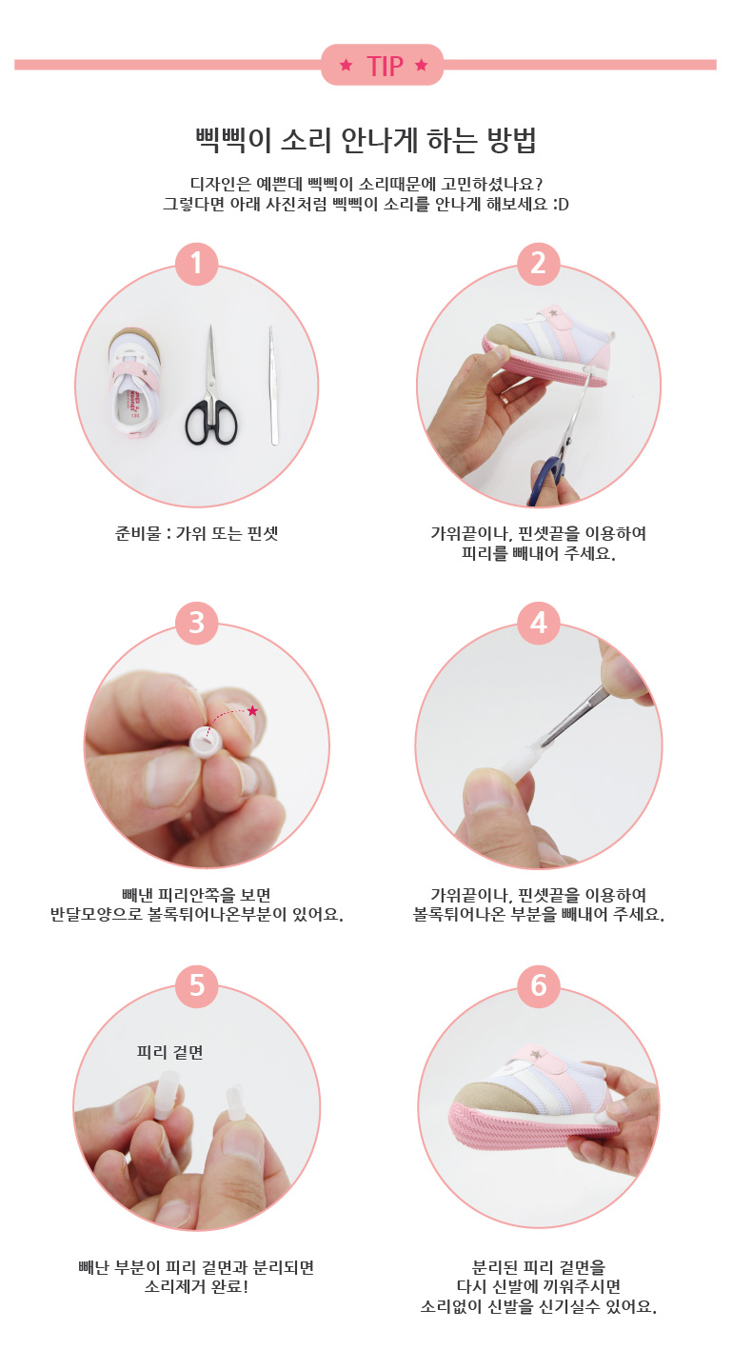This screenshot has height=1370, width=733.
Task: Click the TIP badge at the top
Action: coord(382,65)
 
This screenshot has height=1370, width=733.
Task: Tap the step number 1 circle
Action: coord(196,264)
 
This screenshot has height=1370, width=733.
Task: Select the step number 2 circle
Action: coord(538,264)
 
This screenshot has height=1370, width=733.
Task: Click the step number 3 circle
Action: coord(196,624)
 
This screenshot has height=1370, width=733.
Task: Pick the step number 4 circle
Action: coord(538,624)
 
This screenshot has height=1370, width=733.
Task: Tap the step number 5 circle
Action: coord(196,985)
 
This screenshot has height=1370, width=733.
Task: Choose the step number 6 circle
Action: coord(538,985)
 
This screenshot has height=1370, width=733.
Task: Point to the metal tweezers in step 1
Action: coord(272,386)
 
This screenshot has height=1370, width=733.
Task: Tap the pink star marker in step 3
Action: coord(252,710)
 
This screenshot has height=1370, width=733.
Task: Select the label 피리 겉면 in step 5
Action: coord(169,1053)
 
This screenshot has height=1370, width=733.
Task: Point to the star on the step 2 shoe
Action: coord(554,313)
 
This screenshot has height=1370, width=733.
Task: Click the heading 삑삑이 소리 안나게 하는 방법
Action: coord(366,141)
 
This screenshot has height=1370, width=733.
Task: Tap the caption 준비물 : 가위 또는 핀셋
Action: coord(196,533)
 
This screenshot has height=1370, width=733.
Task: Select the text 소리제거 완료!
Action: coord(196,1287)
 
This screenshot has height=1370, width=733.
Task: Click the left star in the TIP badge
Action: coord(346,65)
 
